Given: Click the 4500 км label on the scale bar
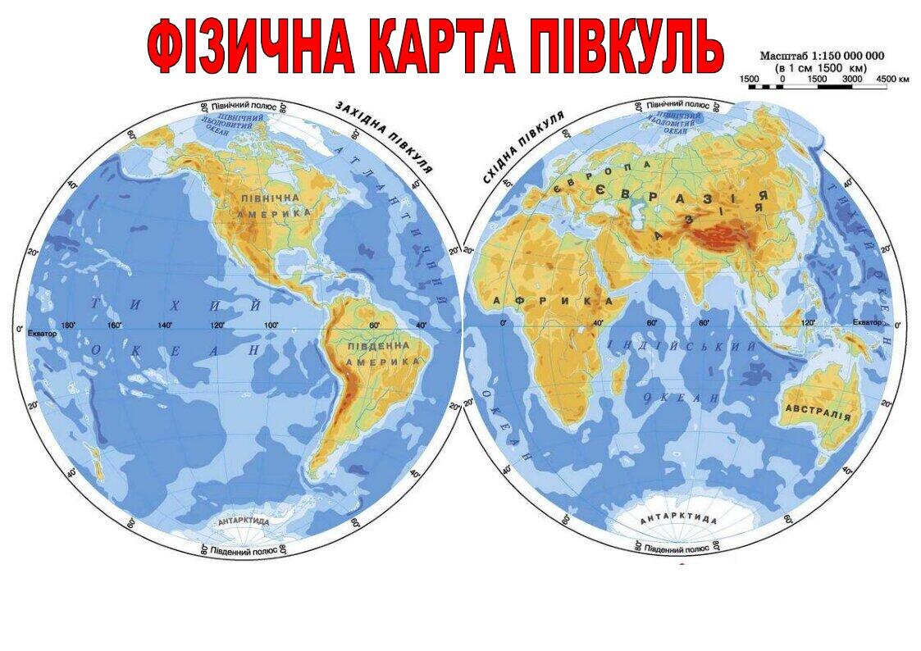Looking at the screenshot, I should tap(893, 80).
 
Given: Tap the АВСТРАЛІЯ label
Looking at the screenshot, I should tap(817, 411).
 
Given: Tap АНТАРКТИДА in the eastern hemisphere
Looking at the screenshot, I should tap(678, 519).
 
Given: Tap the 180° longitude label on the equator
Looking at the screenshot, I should tap(69, 325).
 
